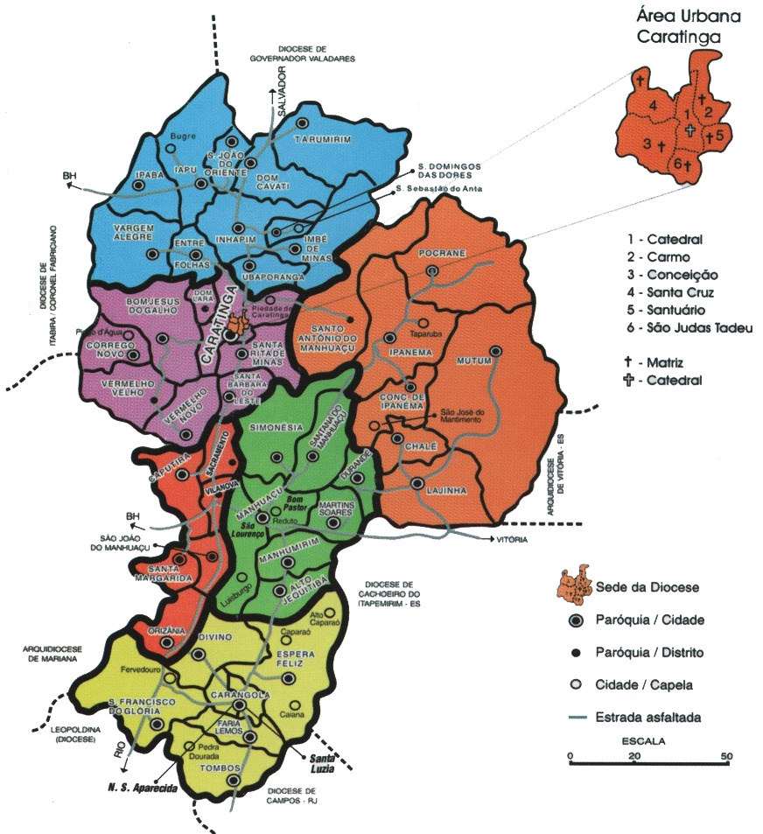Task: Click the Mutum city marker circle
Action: click(x=496, y=351)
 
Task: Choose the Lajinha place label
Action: click(x=444, y=491)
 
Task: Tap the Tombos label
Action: click(x=204, y=768)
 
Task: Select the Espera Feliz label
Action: click(x=295, y=660)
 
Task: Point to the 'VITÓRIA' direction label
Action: click(x=511, y=540)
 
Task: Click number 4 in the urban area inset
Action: click(x=652, y=106)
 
